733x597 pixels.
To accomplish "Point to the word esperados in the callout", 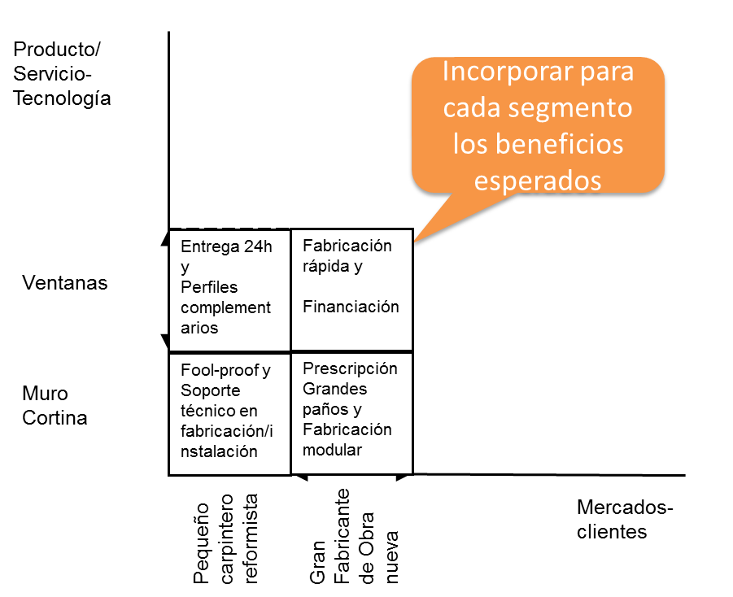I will click(x=538, y=181).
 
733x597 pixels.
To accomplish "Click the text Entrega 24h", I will click(x=226, y=247).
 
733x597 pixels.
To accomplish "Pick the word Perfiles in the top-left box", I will click(x=209, y=287).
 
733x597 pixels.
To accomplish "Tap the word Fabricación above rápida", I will click(x=347, y=246).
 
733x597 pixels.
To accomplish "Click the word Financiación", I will click(x=351, y=307).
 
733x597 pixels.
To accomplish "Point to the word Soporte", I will click(x=210, y=390).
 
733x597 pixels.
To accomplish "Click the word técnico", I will click(x=209, y=411).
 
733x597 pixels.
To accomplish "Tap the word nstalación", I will click(x=219, y=451).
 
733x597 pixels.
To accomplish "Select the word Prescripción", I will click(x=350, y=368).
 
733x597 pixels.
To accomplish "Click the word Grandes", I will click(x=334, y=389).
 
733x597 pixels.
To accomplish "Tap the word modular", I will click(x=332, y=450).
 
